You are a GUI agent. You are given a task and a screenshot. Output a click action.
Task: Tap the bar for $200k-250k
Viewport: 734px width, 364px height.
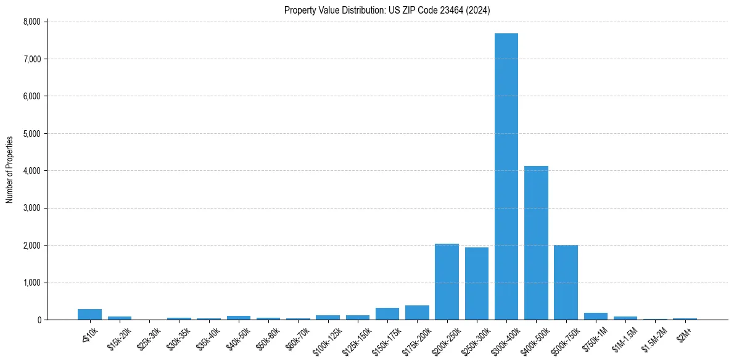tap(447, 282)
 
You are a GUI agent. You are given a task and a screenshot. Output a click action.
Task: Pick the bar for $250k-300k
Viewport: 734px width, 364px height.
tap(476, 284)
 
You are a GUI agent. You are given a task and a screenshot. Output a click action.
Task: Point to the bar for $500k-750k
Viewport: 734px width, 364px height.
tap(566, 283)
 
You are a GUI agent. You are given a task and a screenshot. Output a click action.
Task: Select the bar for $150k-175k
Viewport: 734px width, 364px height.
tap(387, 314)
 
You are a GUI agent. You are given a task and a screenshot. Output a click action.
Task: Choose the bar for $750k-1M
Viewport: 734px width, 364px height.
tap(595, 316)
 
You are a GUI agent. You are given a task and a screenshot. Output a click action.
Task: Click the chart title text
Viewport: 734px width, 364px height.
tap(387, 10)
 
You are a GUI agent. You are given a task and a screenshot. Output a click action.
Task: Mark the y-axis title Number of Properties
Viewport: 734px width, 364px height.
tap(9, 170)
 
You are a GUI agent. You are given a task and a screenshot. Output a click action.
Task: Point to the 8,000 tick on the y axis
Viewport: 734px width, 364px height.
tap(31, 22)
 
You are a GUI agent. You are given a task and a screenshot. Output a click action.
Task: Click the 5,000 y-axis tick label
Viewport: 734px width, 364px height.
tap(31, 133)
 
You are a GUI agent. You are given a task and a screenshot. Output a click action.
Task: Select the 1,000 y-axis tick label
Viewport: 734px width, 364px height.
tap(31, 283)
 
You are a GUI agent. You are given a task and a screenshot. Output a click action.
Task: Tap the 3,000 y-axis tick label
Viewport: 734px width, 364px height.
tap(31, 208)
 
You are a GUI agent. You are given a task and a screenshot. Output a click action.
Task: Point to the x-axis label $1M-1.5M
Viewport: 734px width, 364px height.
tap(624, 336)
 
